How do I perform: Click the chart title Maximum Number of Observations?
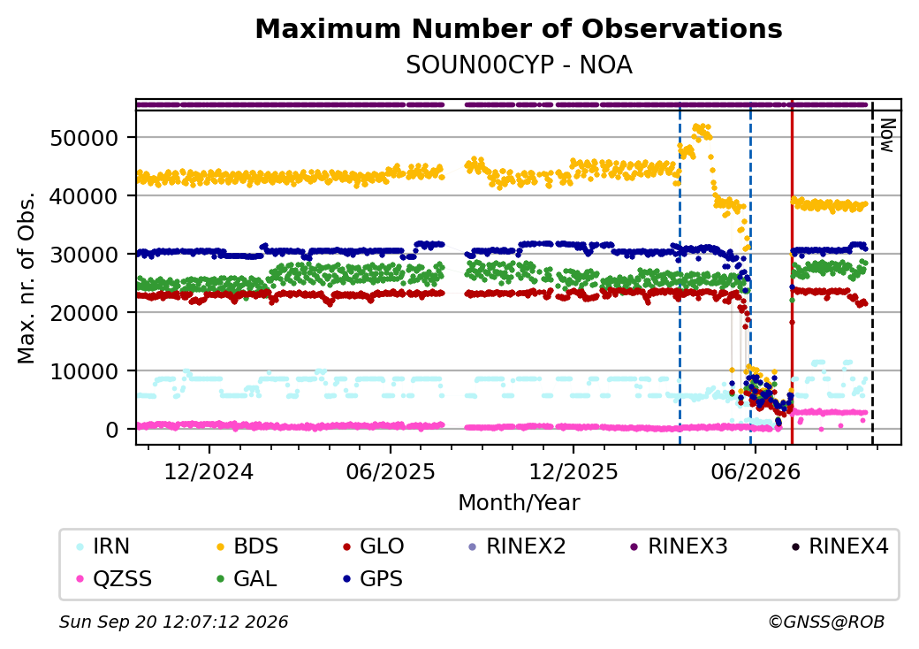[x=519, y=28]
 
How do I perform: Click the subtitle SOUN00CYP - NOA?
[x=519, y=65]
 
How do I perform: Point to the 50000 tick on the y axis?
[x=85, y=138]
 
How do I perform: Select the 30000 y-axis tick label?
[x=85, y=255]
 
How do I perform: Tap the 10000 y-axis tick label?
[x=85, y=371]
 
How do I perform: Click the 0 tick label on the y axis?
[x=112, y=430]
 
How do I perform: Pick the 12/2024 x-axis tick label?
[x=209, y=472]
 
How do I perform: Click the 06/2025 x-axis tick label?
[x=391, y=472]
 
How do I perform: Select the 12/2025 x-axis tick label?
[x=573, y=472]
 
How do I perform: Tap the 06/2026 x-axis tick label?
[x=756, y=472]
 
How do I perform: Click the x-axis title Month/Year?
[x=519, y=503]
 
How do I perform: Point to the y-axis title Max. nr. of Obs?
[x=27, y=278]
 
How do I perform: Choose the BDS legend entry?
[x=247, y=546]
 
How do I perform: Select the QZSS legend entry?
[x=114, y=579]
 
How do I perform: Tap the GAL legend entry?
[x=247, y=579]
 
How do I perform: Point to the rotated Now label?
[x=887, y=135]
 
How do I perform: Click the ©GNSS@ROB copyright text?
[x=826, y=622]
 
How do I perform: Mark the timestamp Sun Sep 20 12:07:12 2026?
[x=174, y=622]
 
